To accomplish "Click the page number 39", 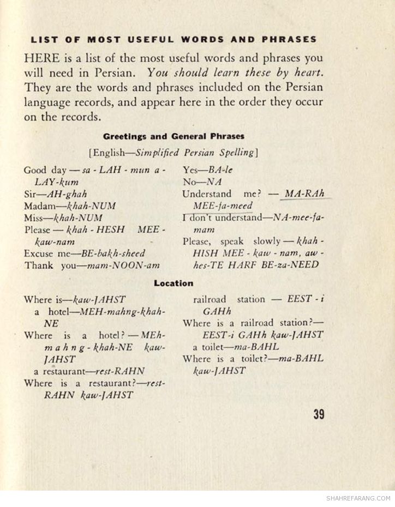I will (x=319, y=414).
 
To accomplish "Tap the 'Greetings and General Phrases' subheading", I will (x=173, y=136).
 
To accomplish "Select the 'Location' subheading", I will (x=173, y=283).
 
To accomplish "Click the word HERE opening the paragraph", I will (x=40, y=58).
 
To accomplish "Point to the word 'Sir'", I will (x=31, y=194).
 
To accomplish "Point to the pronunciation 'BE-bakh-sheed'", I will (x=113, y=253).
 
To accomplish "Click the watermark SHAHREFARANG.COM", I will (x=358, y=498).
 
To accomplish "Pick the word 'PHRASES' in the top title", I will (x=289, y=39).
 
